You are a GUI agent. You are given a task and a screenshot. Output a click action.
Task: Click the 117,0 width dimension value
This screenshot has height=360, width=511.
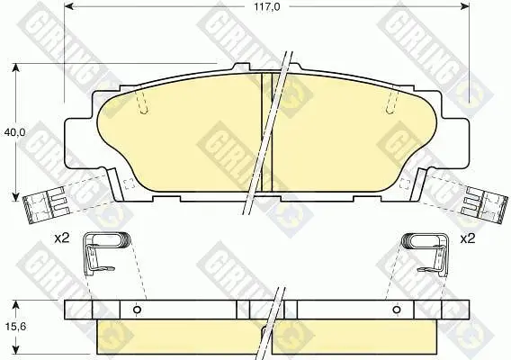pos(266,7)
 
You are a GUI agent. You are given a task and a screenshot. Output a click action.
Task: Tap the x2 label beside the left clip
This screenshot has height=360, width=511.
pos(61,238)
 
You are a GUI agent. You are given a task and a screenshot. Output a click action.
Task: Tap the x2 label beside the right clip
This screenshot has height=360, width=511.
pos(468,239)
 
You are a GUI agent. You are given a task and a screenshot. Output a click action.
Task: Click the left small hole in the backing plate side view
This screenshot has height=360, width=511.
pos(138,309)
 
